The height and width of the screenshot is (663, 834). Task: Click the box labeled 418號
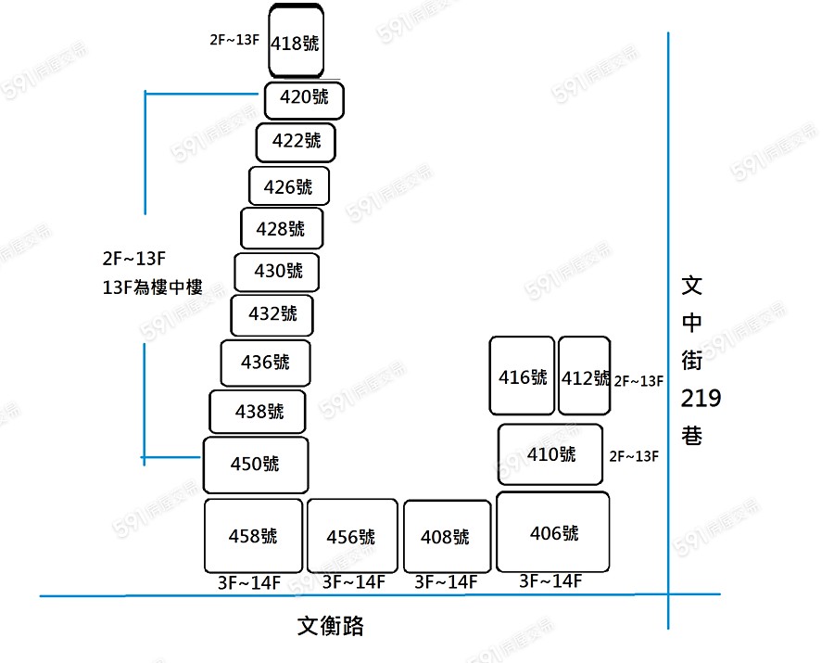click(297, 43)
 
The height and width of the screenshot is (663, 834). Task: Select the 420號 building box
click(304, 100)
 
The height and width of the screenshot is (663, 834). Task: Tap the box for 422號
click(296, 142)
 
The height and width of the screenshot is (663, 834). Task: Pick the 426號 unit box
click(288, 186)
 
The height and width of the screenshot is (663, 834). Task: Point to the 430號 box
click(277, 272)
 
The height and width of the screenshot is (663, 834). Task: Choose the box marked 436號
click(265, 363)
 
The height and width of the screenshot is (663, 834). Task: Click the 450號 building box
click(255, 465)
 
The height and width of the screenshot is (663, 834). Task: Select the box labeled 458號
click(253, 536)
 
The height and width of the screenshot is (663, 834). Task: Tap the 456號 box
click(351, 537)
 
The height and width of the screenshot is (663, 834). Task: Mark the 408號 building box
click(446, 537)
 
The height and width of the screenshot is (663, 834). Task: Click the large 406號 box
click(553, 532)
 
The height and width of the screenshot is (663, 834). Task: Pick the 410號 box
click(550, 454)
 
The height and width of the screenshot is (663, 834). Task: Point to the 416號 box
click(522, 376)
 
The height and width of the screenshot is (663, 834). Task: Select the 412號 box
click(584, 376)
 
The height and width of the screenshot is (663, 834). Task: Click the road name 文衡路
click(331, 626)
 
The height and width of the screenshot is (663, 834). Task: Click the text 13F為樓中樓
click(153, 287)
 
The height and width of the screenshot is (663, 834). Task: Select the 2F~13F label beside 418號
click(235, 40)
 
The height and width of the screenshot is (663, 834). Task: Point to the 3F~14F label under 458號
click(248, 582)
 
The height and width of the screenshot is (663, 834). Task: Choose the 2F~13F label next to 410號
click(635, 456)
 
